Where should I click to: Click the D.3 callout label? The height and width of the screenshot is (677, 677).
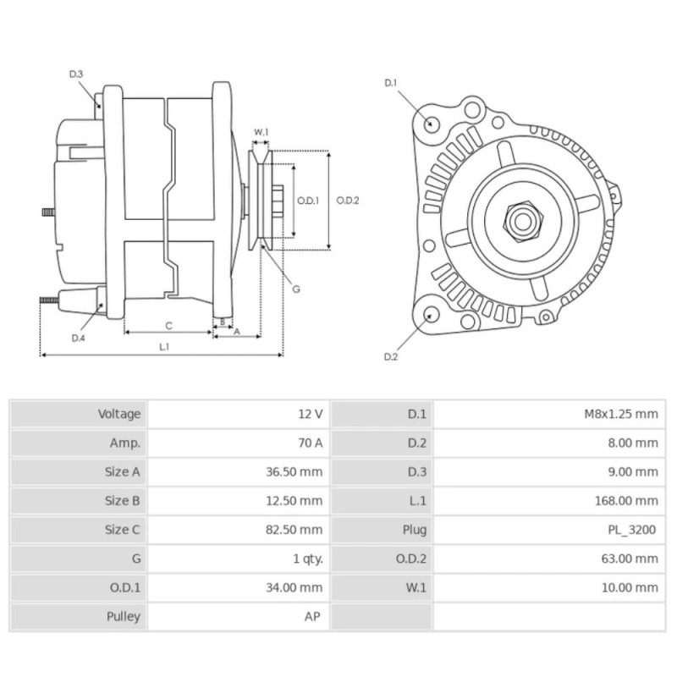click(x=76, y=74)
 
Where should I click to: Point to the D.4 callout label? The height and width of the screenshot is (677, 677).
click(x=78, y=338)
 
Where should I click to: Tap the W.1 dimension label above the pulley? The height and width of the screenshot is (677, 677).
click(x=261, y=132)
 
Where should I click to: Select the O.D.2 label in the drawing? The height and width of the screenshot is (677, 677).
click(x=348, y=201)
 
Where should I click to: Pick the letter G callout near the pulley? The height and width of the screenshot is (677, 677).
click(x=296, y=289)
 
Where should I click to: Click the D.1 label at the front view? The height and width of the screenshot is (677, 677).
click(x=391, y=83)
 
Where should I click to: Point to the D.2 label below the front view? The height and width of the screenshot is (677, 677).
click(x=390, y=356)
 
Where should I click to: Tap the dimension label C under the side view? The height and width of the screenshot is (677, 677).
click(x=168, y=325)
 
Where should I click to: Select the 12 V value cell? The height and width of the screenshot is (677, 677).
click(x=310, y=414)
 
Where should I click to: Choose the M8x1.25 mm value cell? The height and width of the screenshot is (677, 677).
click(x=620, y=414)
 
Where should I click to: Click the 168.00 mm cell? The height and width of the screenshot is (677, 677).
click(x=625, y=501)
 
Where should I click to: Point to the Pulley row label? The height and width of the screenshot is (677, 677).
click(x=124, y=616)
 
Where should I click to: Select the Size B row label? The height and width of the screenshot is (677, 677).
click(x=123, y=501)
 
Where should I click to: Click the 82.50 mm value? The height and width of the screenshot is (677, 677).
click(x=294, y=530)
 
